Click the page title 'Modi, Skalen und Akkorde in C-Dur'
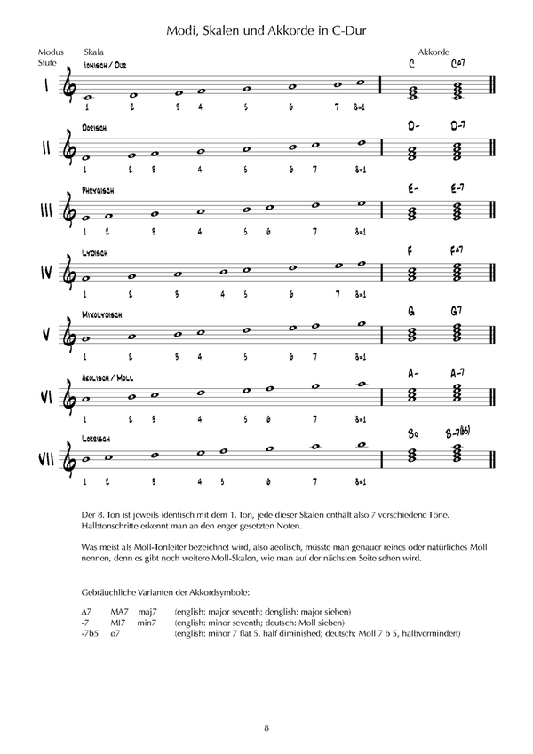click(x=266, y=31)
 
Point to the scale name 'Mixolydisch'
click(x=105, y=314)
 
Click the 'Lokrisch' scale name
click(x=99, y=439)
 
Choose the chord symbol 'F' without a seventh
click(x=411, y=250)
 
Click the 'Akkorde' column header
click(x=432, y=52)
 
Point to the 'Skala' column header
click(x=93, y=52)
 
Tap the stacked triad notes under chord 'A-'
click(x=412, y=396)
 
